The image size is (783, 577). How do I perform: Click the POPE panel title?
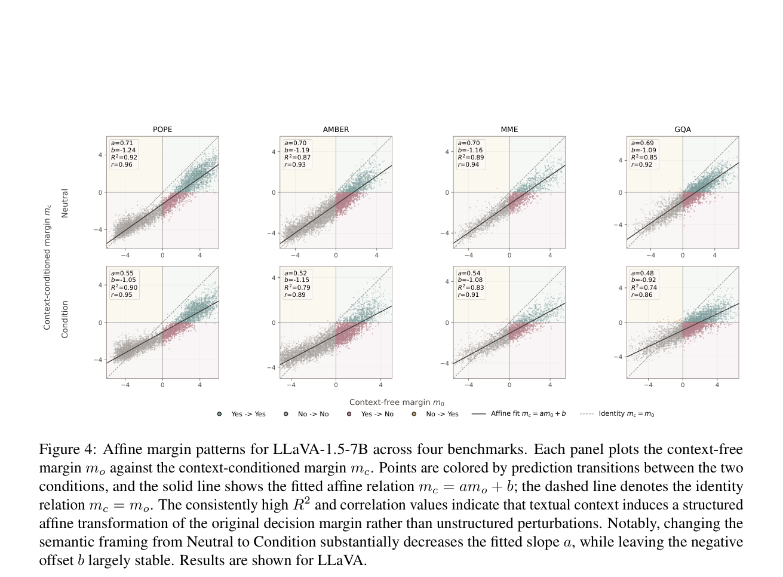(162, 129)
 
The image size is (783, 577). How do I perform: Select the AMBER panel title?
(336, 129)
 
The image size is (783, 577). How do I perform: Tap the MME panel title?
(509, 129)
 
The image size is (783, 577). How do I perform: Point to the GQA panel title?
(683, 129)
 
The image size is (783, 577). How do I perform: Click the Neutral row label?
(65, 204)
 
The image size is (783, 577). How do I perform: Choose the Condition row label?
(65, 320)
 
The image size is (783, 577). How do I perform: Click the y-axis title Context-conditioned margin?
(47, 268)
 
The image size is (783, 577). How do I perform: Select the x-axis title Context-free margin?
(397, 402)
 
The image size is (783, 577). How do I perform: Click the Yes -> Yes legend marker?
(219, 414)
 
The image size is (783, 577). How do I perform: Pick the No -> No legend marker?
(286, 414)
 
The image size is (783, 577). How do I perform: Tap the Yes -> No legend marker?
(349, 414)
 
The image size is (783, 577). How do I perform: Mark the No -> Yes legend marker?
(414, 414)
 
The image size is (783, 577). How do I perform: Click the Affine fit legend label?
(528, 414)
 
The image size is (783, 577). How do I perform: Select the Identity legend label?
(627, 414)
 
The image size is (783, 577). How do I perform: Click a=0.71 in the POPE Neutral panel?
(122, 143)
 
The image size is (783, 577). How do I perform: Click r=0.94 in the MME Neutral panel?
(468, 165)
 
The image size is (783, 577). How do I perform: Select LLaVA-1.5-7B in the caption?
(320, 449)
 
